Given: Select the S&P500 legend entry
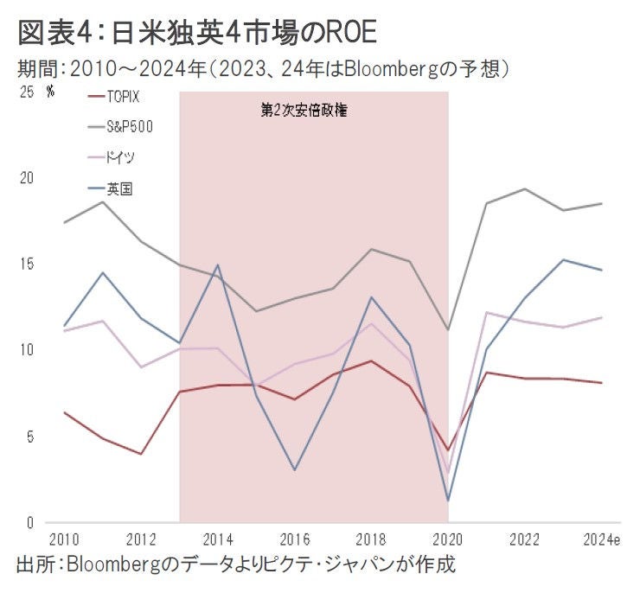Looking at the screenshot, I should coord(130,126).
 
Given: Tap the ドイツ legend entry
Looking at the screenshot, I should coord(121,157).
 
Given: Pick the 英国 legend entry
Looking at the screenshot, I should coord(119,188).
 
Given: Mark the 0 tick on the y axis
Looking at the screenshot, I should coord(29,522).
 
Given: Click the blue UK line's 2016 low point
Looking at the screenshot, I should coord(295,470).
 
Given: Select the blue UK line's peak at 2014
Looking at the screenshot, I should coord(218,265).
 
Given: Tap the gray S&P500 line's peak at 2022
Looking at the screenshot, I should coord(525,188).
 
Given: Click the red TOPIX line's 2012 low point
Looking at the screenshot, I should coord(141,454).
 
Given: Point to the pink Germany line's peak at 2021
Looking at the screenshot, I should coord(487,312).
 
